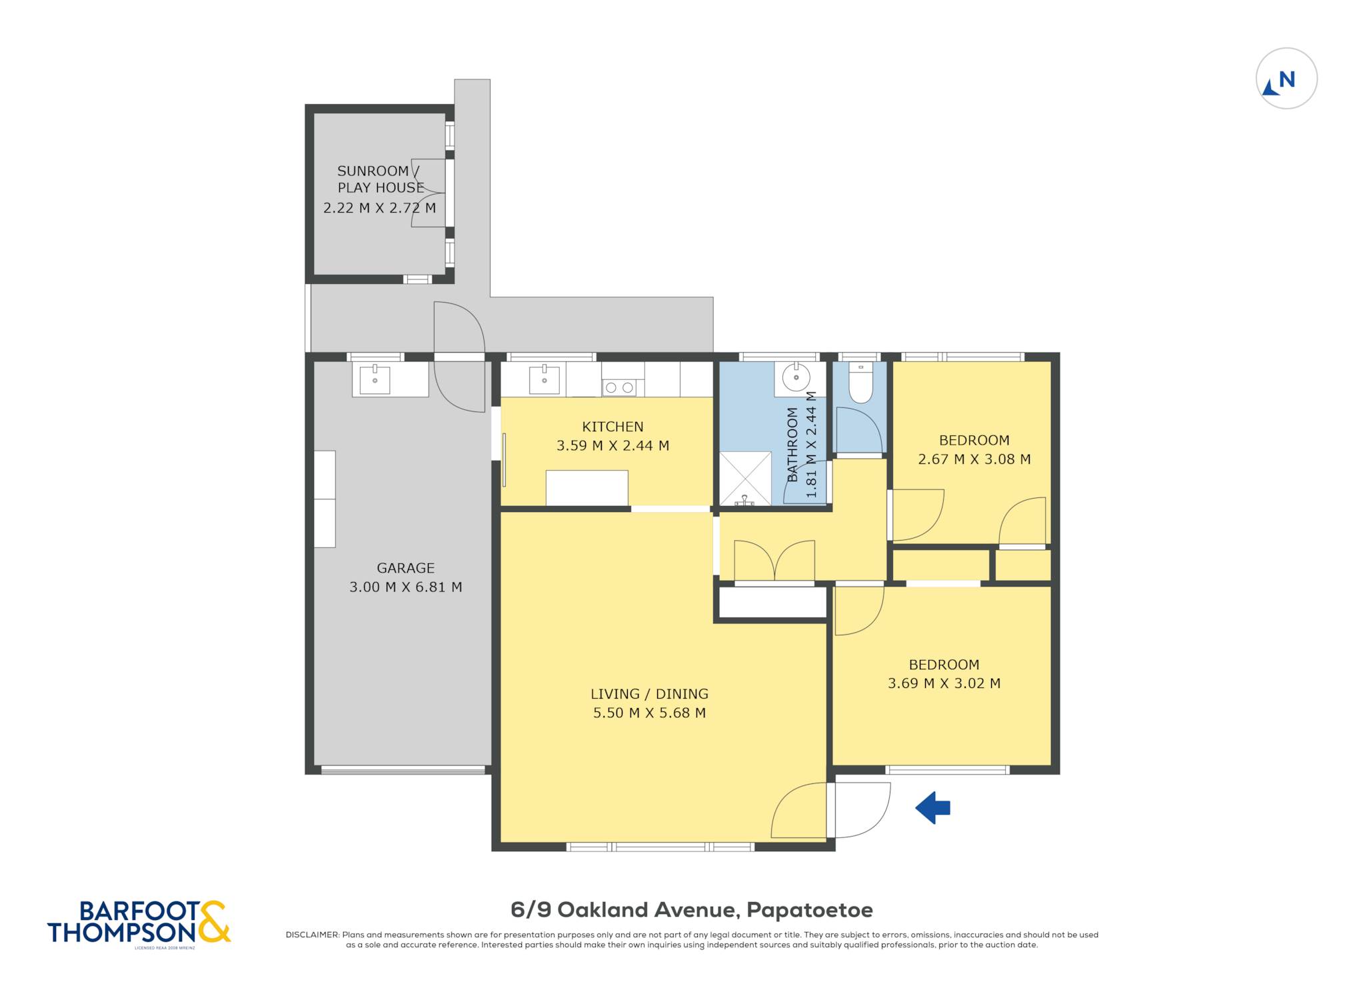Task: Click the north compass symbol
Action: (1286, 79)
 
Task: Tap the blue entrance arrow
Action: (932, 808)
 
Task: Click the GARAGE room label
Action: (405, 568)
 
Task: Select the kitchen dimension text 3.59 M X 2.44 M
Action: (613, 445)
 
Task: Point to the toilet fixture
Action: (860, 383)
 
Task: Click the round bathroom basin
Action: (796, 377)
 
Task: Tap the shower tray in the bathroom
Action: (745, 479)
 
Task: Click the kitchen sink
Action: (545, 380)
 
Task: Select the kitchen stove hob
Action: (619, 387)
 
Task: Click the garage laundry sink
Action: (375, 380)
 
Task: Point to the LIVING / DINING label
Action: (649, 694)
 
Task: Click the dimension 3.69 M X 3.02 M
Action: (944, 683)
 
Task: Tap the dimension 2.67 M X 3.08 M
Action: (974, 459)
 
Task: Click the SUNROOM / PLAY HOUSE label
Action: (381, 179)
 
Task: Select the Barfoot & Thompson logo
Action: (139, 923)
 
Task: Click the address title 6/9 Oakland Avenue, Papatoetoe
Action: (692, 909)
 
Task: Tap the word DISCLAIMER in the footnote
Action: (313, 935)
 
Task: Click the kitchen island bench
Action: (587, 488)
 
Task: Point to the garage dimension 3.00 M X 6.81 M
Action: (405, 587)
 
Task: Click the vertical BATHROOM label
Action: (792, 445)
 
